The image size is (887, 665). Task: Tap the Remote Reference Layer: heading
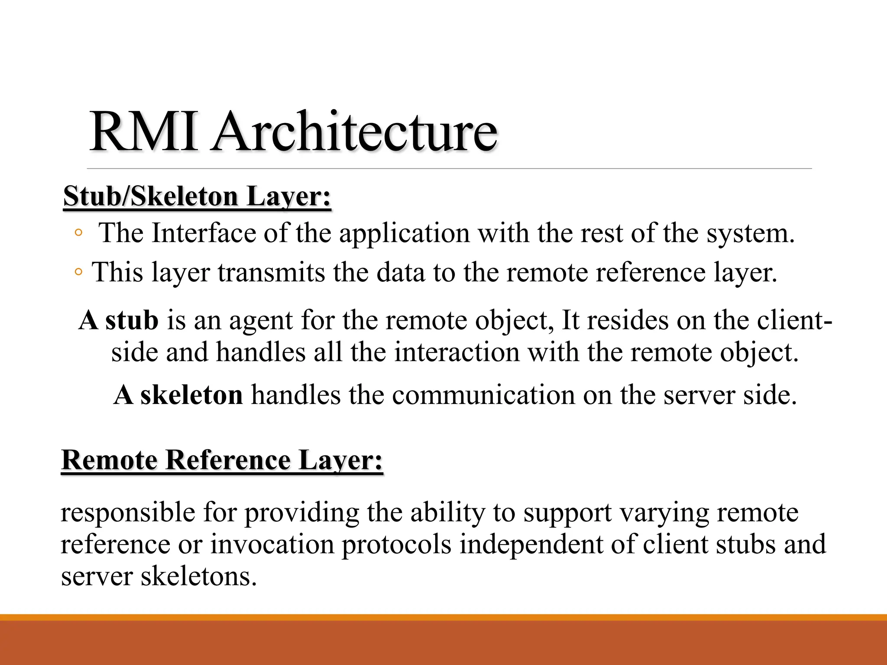point(222,460)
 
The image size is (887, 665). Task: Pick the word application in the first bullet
point(404,234)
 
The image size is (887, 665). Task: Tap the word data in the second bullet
point(400,273)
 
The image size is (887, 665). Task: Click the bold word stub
point(132,320)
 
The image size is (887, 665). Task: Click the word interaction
point(456,352)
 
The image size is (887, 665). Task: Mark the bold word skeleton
point(191,395)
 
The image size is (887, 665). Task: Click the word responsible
point(128,513)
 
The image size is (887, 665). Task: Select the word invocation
point(272,544)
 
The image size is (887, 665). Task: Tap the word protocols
point(396,545)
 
